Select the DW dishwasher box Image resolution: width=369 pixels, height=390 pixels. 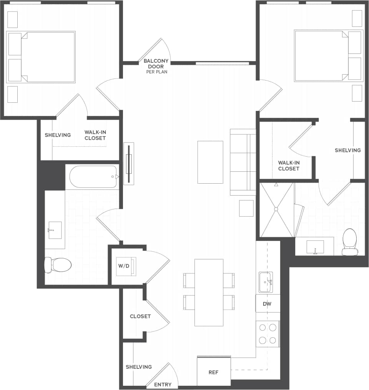tap(267, 304)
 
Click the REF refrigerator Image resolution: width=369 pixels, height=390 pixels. tap(214, 372)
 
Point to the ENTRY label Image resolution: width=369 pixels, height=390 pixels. tap(163, 385)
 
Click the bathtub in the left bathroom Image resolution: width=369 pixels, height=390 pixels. tap(93, 177)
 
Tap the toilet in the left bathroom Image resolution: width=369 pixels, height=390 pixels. tap(58, 264)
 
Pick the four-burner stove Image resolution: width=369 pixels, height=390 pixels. tap(268, 334)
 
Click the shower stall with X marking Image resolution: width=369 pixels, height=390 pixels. tap(277, 210)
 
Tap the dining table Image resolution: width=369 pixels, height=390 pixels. tap(209, 292)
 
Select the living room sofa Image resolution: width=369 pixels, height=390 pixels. tap(243, 162)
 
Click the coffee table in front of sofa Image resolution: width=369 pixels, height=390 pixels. tap(210, 162)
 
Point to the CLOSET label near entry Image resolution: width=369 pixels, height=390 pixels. tap(140, 316)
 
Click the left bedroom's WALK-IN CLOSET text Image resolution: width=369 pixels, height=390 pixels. tap(95, 135)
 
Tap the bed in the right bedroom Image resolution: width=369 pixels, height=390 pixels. tap(329, 56)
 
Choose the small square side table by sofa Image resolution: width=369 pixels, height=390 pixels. tap(246, 208)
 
